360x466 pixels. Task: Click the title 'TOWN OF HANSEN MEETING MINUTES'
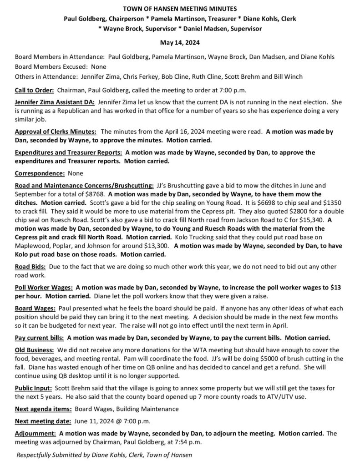tap(179, 9)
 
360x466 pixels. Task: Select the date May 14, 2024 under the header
tap(179, 42)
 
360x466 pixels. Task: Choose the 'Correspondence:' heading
tap(40, 174)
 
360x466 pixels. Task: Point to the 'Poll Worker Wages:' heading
tap(44, 288)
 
